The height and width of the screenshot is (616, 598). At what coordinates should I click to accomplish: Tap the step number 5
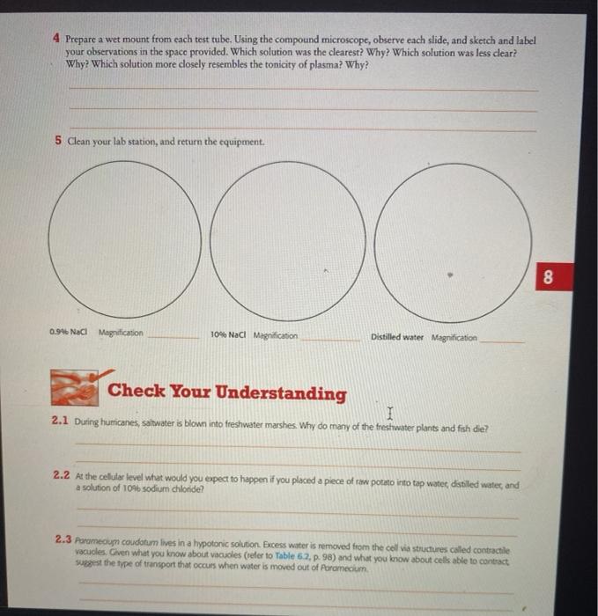coord(58,142)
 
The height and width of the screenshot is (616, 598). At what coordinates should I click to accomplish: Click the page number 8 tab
coord(548,279)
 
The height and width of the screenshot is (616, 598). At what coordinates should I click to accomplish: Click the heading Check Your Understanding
coord(226,393)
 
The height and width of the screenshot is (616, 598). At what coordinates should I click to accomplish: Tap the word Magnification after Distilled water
coord(454,338)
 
